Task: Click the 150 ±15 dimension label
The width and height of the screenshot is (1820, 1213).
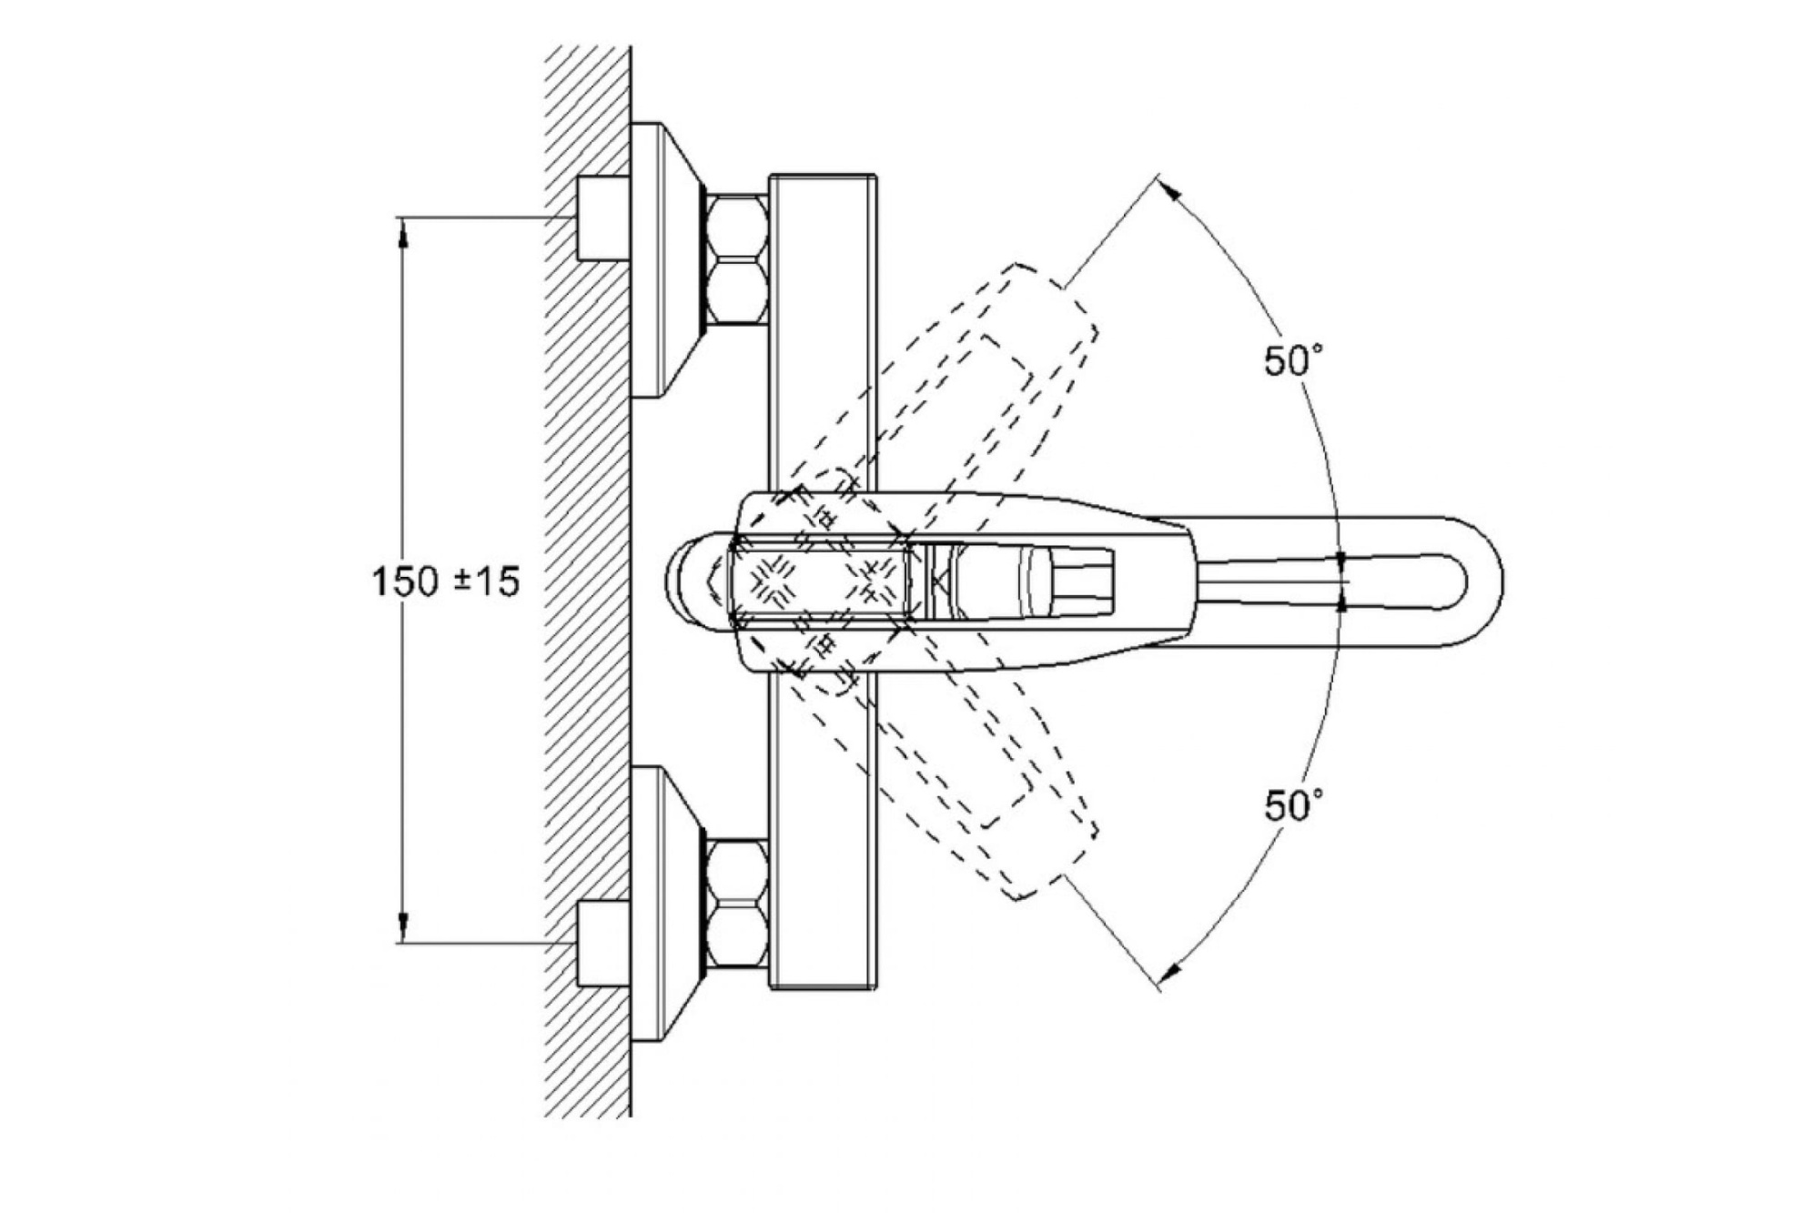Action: pos(446,581)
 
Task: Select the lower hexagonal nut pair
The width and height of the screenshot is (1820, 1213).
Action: pos(737,903)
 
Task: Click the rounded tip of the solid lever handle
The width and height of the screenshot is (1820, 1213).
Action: pos(1479,581)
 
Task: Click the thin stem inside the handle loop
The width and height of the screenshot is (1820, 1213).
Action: pos(1274,581)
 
